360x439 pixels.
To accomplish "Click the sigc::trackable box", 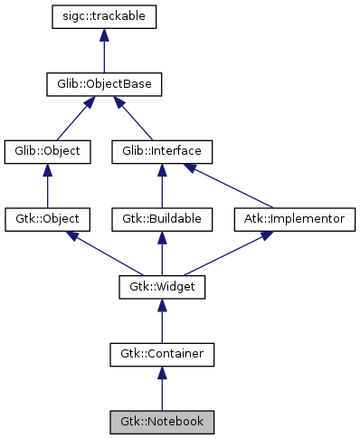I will click(105, 17).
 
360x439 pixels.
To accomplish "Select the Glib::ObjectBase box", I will click(105, 85).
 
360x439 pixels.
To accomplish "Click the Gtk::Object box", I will click(48, 219).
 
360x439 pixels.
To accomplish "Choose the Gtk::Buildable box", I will click(162, 219).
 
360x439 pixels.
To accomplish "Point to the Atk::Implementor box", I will click(295, 219).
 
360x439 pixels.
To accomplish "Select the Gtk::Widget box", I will click(162, 287).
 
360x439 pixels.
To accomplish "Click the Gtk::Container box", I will click(162, 354).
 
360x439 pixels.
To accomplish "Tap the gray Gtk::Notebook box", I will click(162, 422).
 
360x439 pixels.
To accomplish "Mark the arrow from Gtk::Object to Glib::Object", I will click(48, 186).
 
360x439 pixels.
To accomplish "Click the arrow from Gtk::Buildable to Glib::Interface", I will click(162, 186).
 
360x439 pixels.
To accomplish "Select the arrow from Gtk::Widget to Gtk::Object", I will click(104, 253).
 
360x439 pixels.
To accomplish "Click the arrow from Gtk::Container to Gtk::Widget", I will click(162, 320).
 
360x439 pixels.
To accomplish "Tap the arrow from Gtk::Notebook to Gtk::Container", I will click(162, 388).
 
